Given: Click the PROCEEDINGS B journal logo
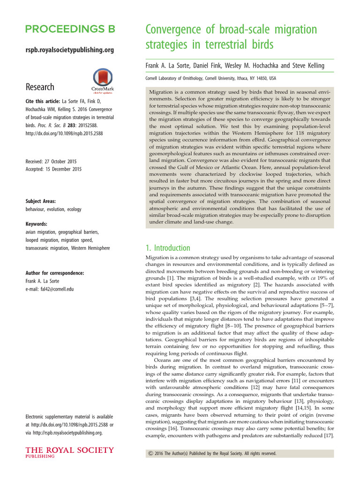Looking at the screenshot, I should (x=70, y=30).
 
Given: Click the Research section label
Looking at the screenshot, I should (x=40, y=87).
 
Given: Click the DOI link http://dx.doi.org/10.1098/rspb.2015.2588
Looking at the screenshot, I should (x=64, y=134).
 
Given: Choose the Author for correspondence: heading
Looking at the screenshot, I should (x=55, y=273).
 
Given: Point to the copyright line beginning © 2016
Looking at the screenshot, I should (x=212, y=454).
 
